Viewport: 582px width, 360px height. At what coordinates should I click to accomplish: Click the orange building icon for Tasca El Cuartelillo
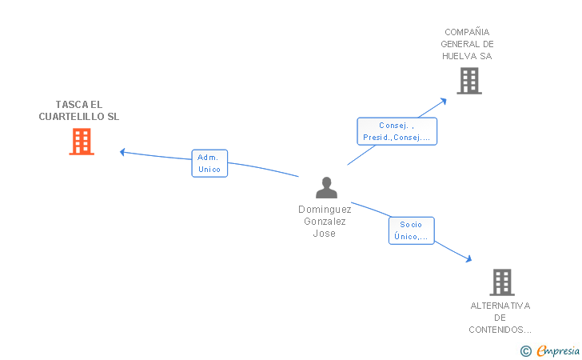82,142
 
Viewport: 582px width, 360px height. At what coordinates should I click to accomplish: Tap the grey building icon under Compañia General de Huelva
469,81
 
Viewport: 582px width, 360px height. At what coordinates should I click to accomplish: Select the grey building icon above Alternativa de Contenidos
502,282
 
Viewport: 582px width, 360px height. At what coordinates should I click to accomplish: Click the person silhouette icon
326,188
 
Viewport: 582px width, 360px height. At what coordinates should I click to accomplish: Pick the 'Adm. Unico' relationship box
209,163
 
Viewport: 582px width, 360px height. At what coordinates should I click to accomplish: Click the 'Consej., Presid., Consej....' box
397,131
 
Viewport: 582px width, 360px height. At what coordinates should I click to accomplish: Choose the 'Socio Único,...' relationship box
411,230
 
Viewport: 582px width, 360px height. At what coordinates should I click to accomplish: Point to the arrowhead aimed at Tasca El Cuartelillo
122,152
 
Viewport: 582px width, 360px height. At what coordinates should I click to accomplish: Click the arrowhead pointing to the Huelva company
443,102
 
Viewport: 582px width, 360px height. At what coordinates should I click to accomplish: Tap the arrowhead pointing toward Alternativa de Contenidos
468,258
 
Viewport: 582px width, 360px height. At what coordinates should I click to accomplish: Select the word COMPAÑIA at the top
467,32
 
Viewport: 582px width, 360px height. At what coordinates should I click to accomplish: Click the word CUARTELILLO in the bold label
72,117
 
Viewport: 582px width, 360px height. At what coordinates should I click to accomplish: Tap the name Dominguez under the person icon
325,210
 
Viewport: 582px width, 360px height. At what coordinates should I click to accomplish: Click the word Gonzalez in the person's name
325,222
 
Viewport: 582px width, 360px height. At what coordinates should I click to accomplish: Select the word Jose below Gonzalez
325,234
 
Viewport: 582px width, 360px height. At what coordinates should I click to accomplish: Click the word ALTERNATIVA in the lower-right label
500,306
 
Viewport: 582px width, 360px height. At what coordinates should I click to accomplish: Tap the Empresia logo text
558,350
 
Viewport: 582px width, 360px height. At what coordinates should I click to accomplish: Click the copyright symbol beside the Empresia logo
526,351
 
